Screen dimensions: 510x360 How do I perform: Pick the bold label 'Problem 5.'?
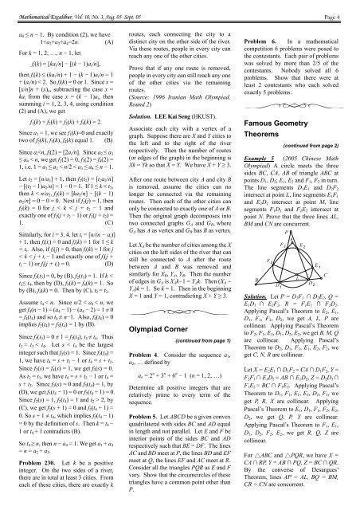tap(147, 414)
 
